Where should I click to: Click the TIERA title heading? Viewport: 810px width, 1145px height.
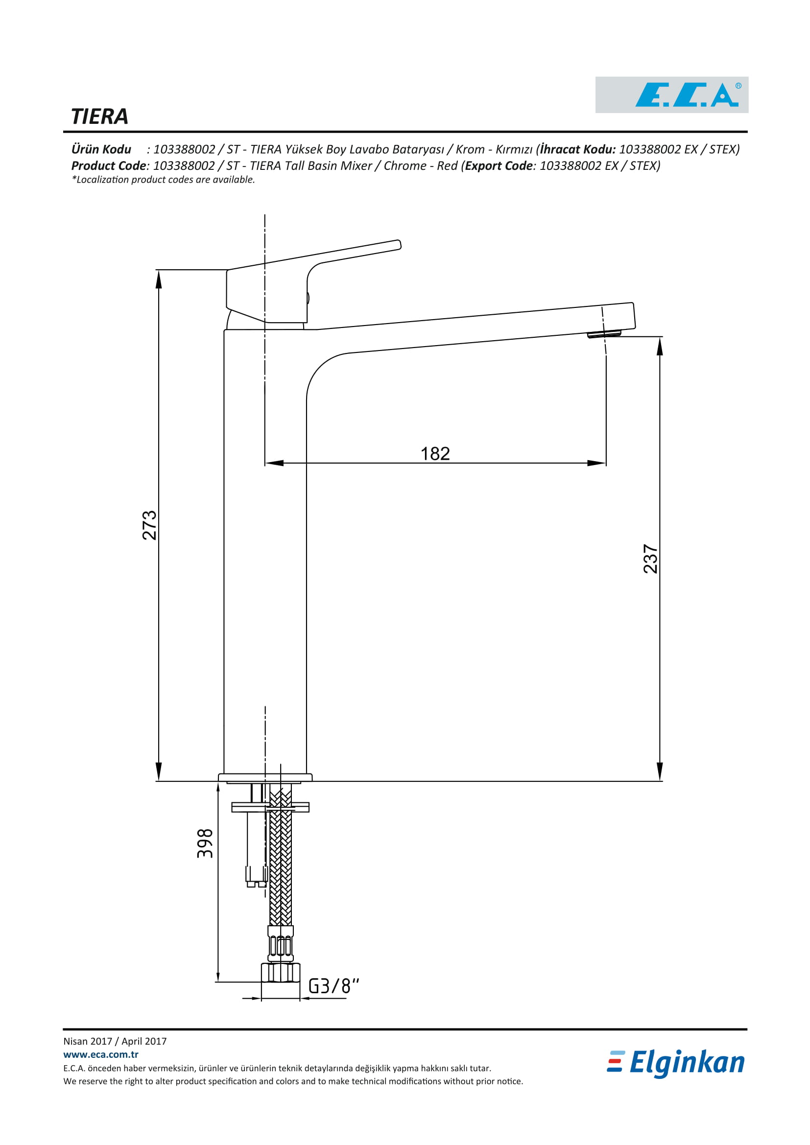(x=100, y=117)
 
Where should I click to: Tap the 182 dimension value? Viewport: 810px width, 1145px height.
(x=435, y=453)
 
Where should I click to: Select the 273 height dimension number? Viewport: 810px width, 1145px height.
(x=150, y=525)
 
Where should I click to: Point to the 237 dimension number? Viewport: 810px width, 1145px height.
(x=650, y=559)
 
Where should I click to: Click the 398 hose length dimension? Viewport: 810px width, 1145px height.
(x=205, y=843)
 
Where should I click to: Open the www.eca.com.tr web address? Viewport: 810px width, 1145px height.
(x=101, y=1054)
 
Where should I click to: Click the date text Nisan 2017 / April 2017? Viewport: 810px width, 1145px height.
(x=115, y=1041)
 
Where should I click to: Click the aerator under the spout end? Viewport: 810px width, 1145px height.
(x=604, y=334)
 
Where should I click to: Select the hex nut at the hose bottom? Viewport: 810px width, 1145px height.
(x=280, y=973)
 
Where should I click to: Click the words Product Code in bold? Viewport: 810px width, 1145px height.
(x=109, y=165)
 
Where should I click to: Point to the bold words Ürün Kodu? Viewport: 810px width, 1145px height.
(x=101, y=149)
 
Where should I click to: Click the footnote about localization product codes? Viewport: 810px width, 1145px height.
(x=163, y=180)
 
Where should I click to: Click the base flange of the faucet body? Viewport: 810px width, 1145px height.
(x=265, y=777)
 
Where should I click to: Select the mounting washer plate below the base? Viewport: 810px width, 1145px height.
(x=270, y=807)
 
